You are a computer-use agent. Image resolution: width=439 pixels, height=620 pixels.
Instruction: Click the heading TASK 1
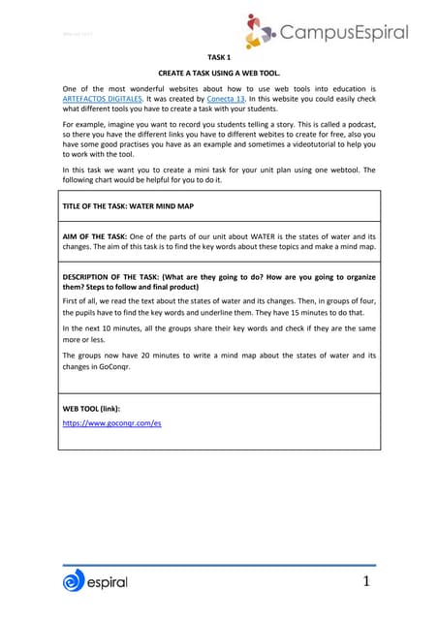point(219,57)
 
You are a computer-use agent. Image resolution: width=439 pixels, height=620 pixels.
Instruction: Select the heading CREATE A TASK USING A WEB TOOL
point(219,74)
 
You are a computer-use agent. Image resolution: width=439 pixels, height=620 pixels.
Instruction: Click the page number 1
point(367,581)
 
